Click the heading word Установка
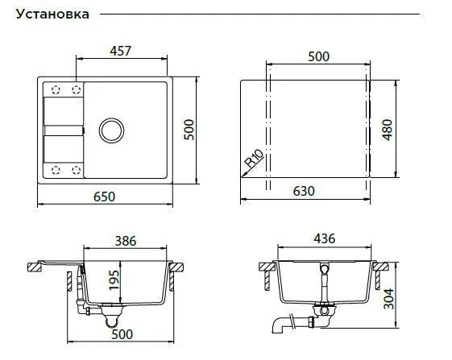(x=52, y=14)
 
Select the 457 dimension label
(x=121, y=51)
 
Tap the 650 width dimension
(x=105, y=197)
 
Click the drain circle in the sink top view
(x=111, y=130)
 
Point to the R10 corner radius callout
(x=255, y=158)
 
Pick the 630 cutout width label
(x=304, y=191)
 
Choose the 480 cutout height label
(x=388, y=130)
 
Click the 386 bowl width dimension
(x=126, y=241)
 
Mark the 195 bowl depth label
(x=114, y=280)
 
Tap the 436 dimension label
(x=325, y=238)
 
